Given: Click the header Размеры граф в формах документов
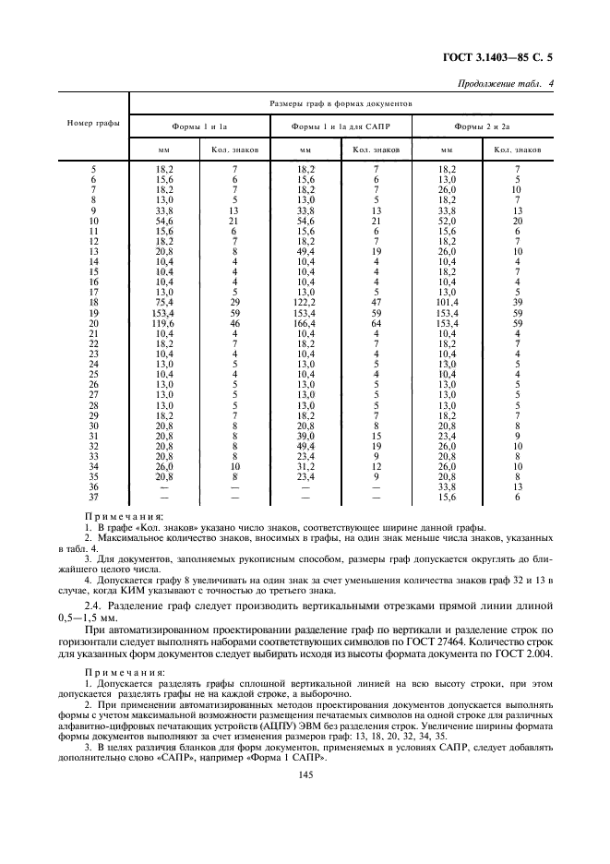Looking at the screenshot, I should click(346, 105).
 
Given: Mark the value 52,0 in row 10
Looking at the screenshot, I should click(447, 222).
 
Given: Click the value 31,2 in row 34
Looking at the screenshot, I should click(306, 466).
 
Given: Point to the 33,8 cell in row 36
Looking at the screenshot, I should click(447, 487).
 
